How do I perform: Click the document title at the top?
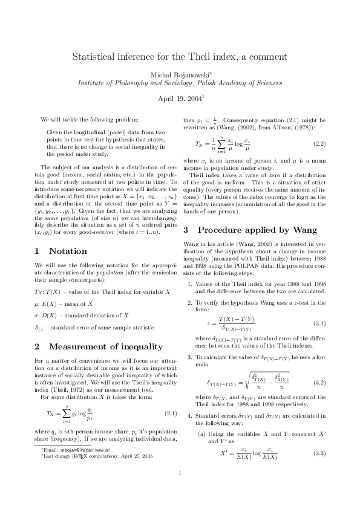tap(180, 57)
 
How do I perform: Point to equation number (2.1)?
tap(170, 414)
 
